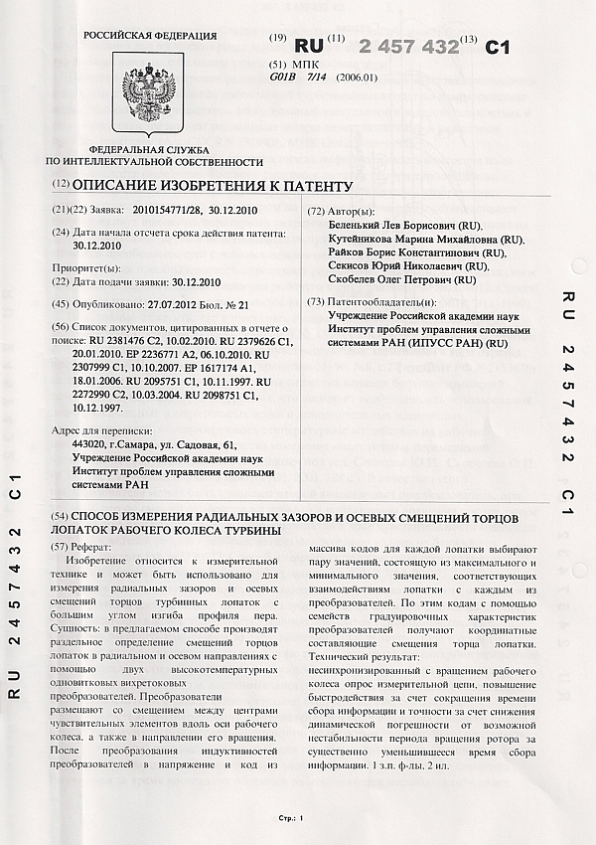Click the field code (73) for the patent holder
pyautogui.click(x=317, y=300)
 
